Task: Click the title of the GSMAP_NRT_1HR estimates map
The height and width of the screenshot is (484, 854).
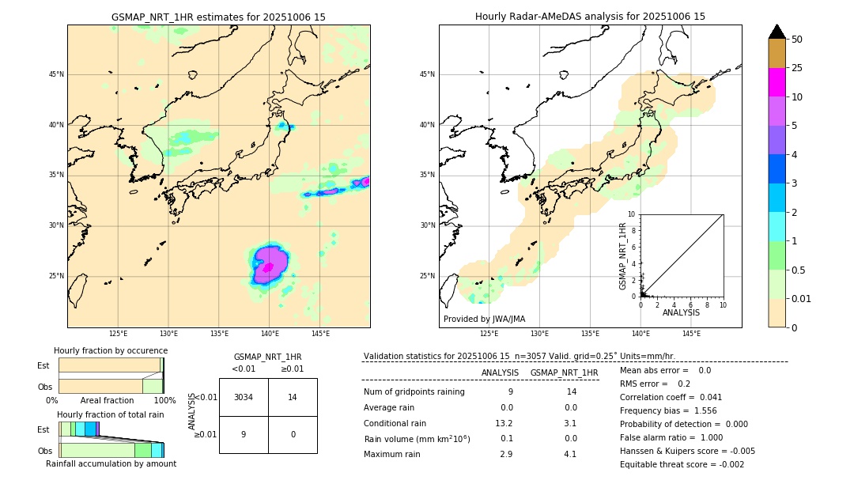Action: (x=218, y=17)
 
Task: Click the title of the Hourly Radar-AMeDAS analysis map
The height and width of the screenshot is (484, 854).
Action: (x=590, y=17)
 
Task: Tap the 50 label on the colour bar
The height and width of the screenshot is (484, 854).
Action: (x=797, y=40)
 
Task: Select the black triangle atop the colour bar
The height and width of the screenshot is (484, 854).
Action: (x=777, y=32)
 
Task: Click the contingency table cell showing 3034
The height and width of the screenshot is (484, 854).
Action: (x=244, y=397)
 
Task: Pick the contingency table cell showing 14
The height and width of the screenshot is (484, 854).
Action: (x=293, y=397)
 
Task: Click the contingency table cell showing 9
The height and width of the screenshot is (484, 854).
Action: (x=244, y=434)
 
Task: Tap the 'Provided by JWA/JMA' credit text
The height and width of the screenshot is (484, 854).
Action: (x=484, y=320)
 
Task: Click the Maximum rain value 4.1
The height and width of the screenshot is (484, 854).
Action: (x=570, y=454)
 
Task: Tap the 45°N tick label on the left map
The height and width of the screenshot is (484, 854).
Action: (x=56, y=74)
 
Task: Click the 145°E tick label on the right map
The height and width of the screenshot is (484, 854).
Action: (x=691, y=334)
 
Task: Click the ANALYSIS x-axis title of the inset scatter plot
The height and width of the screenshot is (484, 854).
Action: (x=681, y=312)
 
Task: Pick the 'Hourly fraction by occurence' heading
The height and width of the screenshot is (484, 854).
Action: (x=111, y=350)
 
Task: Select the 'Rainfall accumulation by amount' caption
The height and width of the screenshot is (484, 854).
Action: (x=111, y=463)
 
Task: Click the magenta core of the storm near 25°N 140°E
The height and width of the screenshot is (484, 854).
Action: (x=268, y=267)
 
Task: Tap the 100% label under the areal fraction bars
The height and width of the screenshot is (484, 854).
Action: (x=164, y=401)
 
